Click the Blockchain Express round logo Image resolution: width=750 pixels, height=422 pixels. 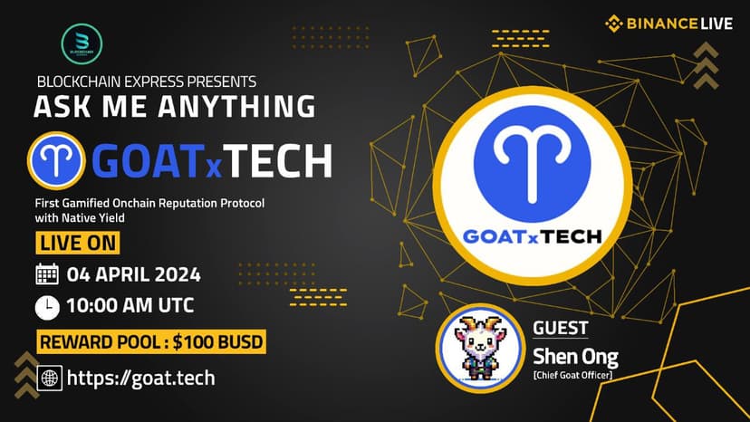pyautogui.click(x=82, y=44)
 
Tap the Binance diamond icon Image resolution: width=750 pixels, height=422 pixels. pyautogui.click(x=614, y=24)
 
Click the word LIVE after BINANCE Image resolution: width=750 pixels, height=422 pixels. pyautogui.click(x=716, y=24)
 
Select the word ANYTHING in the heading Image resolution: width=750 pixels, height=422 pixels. pyautogui.click(x=236, y=106)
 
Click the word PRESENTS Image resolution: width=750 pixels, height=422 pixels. pyautogui.click(x=221, y=82)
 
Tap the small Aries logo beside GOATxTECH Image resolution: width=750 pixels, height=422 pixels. pyautogui.click(x=56, y=161)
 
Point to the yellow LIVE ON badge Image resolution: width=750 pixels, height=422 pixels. pyautogui.click(x=78, y=243)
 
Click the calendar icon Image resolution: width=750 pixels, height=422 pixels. pyautogui.click(x=47, y=274)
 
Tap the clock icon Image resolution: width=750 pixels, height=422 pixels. pyautogui.click(x=47, y=307)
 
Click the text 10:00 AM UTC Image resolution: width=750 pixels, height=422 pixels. pyautogui.click(x=130, y=306)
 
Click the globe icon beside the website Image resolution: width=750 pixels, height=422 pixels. pyautogui.click(x=49, y=378)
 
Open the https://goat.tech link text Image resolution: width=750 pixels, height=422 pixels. pyautogui.click(x=140, y=378)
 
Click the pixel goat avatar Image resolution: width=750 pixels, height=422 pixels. pyautogui.click(x=480, y=348)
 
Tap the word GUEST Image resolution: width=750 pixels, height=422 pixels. pyautogui.click(x=560, y=328)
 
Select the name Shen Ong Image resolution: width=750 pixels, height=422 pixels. pyautogui.click(x=575, y=357)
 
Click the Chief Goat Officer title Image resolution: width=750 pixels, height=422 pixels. pyautogui.click(x=572, y=375)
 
